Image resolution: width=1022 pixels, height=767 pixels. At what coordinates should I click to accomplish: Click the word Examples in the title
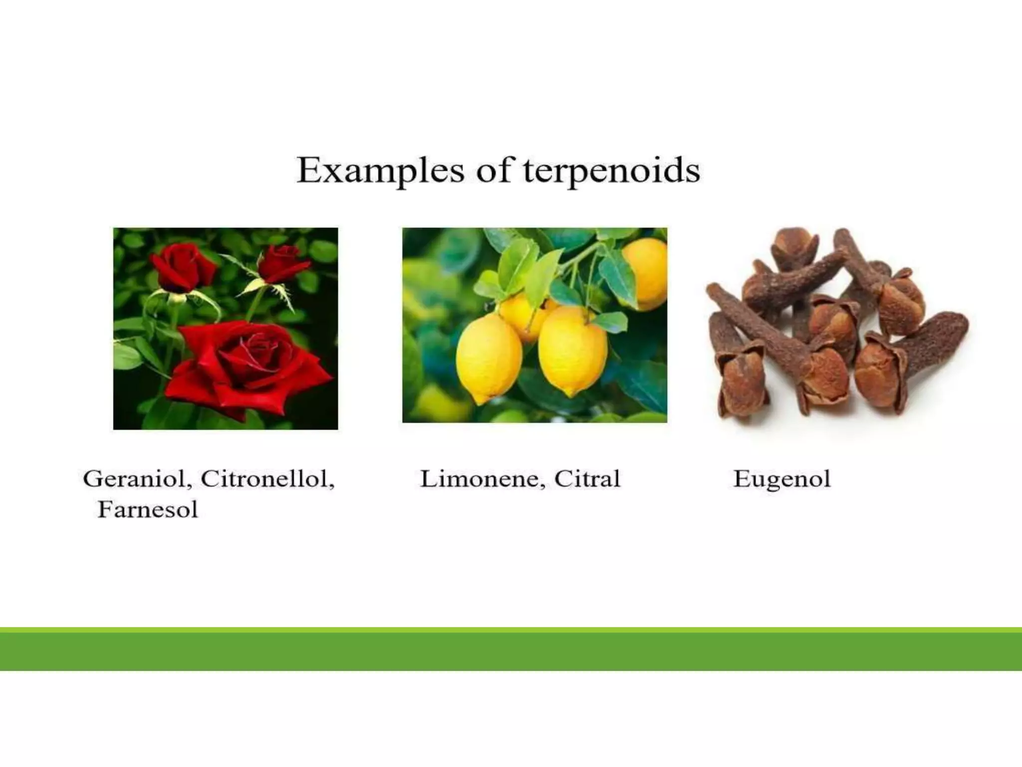click(x=380, y=171)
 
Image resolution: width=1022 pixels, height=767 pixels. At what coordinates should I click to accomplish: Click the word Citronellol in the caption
click(x=267, y=479)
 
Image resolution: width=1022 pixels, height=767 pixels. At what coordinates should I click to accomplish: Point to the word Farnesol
click(x=148, y=510)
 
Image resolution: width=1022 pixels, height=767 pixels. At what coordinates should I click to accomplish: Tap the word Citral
click(x=587, y=479)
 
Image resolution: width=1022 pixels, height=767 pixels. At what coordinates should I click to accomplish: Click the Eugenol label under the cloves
click(x=781, y=479)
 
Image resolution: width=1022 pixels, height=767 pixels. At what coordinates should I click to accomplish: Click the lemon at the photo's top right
click(x=646, y=272)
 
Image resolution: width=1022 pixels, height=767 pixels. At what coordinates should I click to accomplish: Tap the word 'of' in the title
click(x=494, y=171)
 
